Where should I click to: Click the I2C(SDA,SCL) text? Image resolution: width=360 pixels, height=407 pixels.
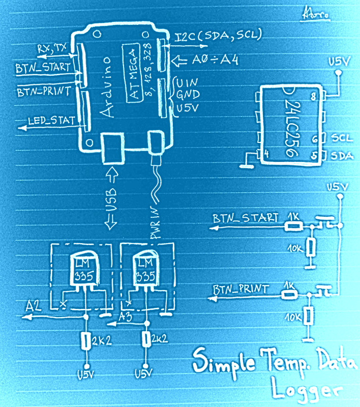click(x=218, y=35)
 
